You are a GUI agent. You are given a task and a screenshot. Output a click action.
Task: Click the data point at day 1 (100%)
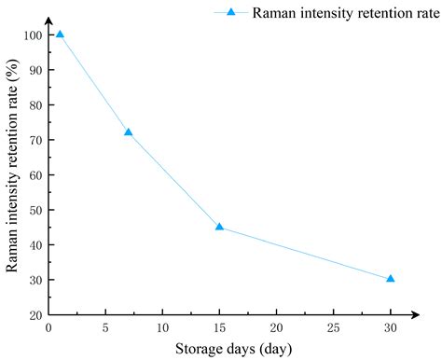[60, 35]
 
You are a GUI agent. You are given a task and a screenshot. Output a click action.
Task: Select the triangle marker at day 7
[128, 132]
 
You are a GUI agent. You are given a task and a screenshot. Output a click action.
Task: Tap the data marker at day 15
[219, 227]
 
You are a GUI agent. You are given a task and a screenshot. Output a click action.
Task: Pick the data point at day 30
[390, 278]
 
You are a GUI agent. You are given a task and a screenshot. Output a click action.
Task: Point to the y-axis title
[12, 175]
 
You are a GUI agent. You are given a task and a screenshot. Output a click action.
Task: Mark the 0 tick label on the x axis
[48, 328]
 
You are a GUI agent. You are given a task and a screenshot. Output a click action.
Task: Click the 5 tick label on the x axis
[105, 328]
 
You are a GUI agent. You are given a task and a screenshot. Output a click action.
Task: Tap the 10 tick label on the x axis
[162, 328]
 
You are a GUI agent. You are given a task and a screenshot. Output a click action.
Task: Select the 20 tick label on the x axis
[276, 328]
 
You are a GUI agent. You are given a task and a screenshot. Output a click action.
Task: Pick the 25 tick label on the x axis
[333, 328]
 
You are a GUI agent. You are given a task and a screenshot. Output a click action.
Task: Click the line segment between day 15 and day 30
[304, 253]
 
